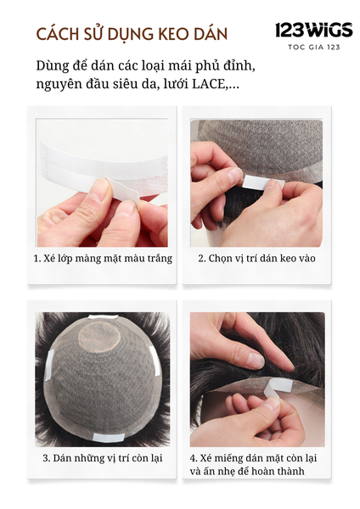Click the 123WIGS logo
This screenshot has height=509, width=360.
(313, 31)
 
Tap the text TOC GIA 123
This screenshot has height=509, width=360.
(314, 48)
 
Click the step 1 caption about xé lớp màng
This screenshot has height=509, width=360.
(103, 259)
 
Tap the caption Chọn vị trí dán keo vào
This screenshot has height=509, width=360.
(256, 259)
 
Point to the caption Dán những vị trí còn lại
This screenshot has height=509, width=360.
(103, 458)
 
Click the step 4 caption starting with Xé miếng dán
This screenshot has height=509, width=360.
(253, 465)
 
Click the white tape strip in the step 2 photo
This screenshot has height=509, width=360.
(263, 182)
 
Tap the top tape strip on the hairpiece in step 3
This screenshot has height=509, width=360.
(104, 318)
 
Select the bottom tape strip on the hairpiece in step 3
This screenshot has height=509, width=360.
(109, 437)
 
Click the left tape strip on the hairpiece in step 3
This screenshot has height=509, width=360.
(49, 365)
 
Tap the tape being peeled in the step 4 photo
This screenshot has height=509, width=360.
(276, 388)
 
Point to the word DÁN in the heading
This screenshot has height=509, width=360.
(211, 35)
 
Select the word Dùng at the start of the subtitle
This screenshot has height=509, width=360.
(53, 66)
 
